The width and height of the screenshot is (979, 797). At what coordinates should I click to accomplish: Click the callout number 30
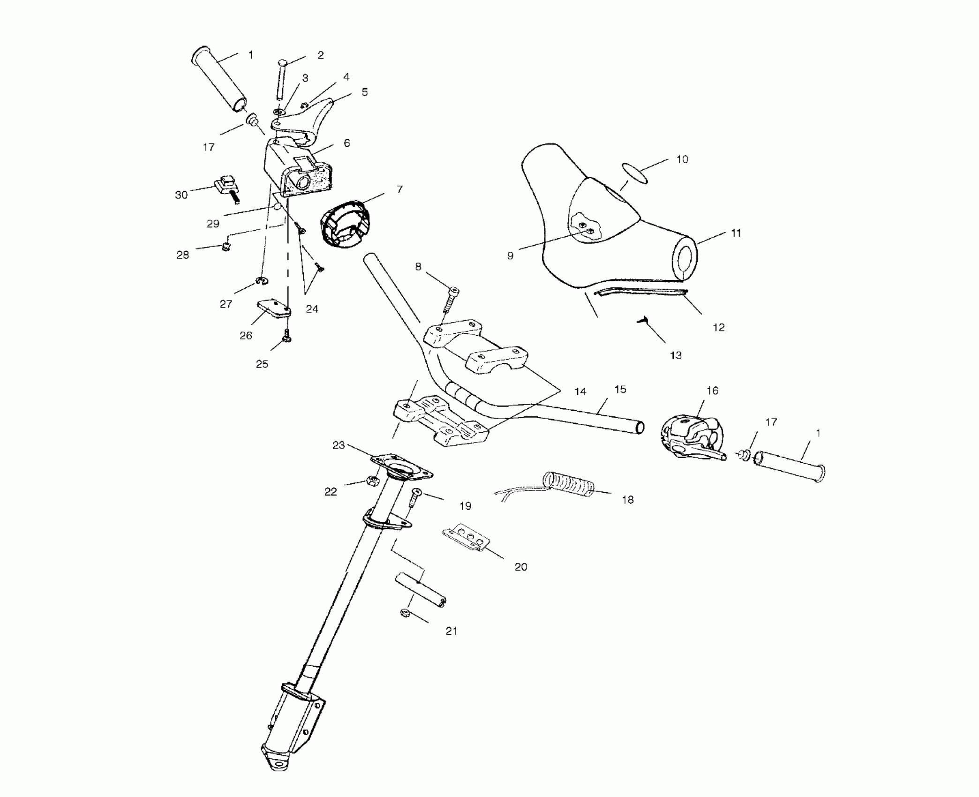click(x=181, y=195)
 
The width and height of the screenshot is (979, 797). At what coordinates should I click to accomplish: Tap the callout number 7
click(x=399, y=189)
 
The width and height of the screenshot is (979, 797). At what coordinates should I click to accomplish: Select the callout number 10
click(x=682, y=159)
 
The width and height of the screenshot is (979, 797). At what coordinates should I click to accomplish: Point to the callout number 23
click(x=339, y=445)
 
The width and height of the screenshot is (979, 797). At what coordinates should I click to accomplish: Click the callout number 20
click(x=521, y=567)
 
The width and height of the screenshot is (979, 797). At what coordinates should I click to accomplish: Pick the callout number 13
click(x=676, y=356)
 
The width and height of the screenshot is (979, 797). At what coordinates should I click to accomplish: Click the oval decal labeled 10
click(x=635, y=173)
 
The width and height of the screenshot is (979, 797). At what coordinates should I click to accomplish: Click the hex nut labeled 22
click(x=371, y=481)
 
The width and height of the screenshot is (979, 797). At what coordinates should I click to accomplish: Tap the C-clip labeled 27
click(x=262, y=281)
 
